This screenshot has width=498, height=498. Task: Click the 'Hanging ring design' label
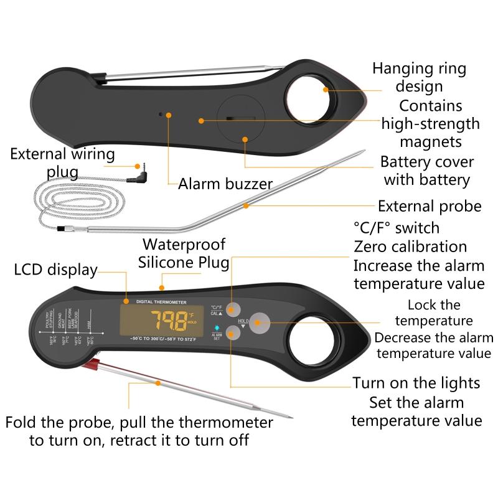419,77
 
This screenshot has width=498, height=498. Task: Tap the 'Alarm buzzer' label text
225,184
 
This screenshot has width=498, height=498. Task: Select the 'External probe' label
430,206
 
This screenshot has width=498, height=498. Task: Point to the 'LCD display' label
56,270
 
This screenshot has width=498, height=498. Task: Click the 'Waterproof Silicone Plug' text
184,253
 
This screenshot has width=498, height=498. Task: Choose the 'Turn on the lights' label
416,382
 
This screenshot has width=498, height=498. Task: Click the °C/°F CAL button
233,308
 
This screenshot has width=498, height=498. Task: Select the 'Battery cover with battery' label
426,171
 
